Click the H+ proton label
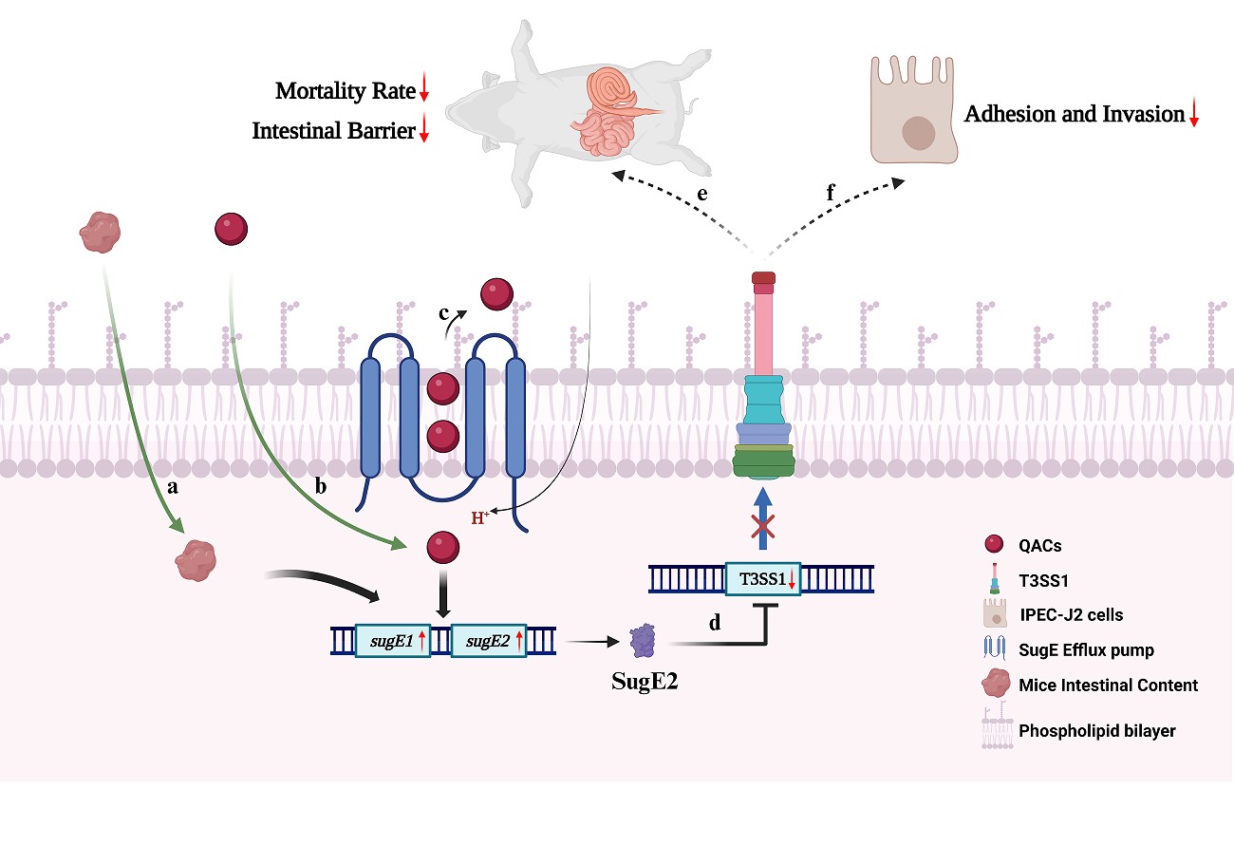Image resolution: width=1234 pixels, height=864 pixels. (x=480, y=518)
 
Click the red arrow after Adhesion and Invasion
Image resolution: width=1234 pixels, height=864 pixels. (x=1194, y=116)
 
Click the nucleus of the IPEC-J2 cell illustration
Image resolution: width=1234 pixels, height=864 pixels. (x=918, y=132)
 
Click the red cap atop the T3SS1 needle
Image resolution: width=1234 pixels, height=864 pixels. (x=763, y=279)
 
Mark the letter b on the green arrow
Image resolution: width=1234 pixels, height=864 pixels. (x=321, y=487)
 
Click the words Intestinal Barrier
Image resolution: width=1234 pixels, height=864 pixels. (x=333, y=132)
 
